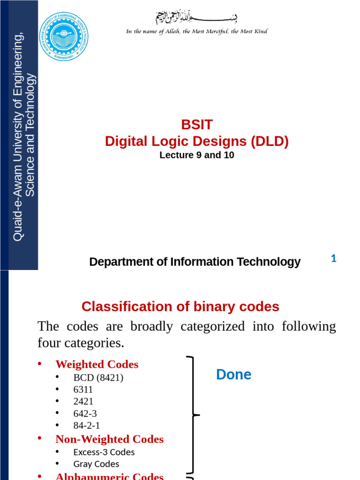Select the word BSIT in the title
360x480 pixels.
[x=197, y=125]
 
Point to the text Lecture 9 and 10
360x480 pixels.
[x=197, y=155]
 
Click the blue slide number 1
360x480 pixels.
[x=334, y=258]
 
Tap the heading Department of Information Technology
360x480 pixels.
[x=195, y=262]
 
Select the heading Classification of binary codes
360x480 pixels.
[x=180, y=307]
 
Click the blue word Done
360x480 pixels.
[x=233, y=375]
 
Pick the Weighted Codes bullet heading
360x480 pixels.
[x=97, y=364]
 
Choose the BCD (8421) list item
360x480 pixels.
[x=98, y=377]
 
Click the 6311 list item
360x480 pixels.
[x=83, y=390]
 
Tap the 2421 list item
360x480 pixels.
[x=83, y=401]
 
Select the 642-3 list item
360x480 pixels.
[x=85, y=413]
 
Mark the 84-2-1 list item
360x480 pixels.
[x=86, y=425]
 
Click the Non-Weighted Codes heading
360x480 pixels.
[x=109, y=439]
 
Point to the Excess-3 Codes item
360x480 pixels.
[x=104, y=452]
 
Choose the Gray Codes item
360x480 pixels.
[x=96, y=464]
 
